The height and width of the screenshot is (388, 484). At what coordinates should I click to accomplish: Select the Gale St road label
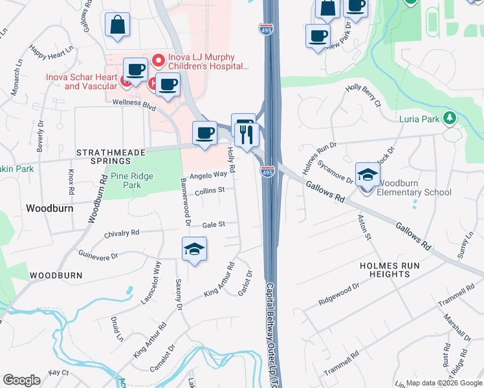pos(213,224)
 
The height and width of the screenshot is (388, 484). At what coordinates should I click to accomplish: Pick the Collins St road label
pos(210,190)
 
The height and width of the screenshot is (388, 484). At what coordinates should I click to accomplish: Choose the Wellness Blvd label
pos(135,102)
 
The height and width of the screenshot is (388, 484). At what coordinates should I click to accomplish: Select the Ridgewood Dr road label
pos(338,295)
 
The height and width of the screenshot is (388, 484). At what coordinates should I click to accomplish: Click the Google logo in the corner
pos(21,380)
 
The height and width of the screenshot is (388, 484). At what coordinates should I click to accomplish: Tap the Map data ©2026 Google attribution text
pos(443,383)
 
